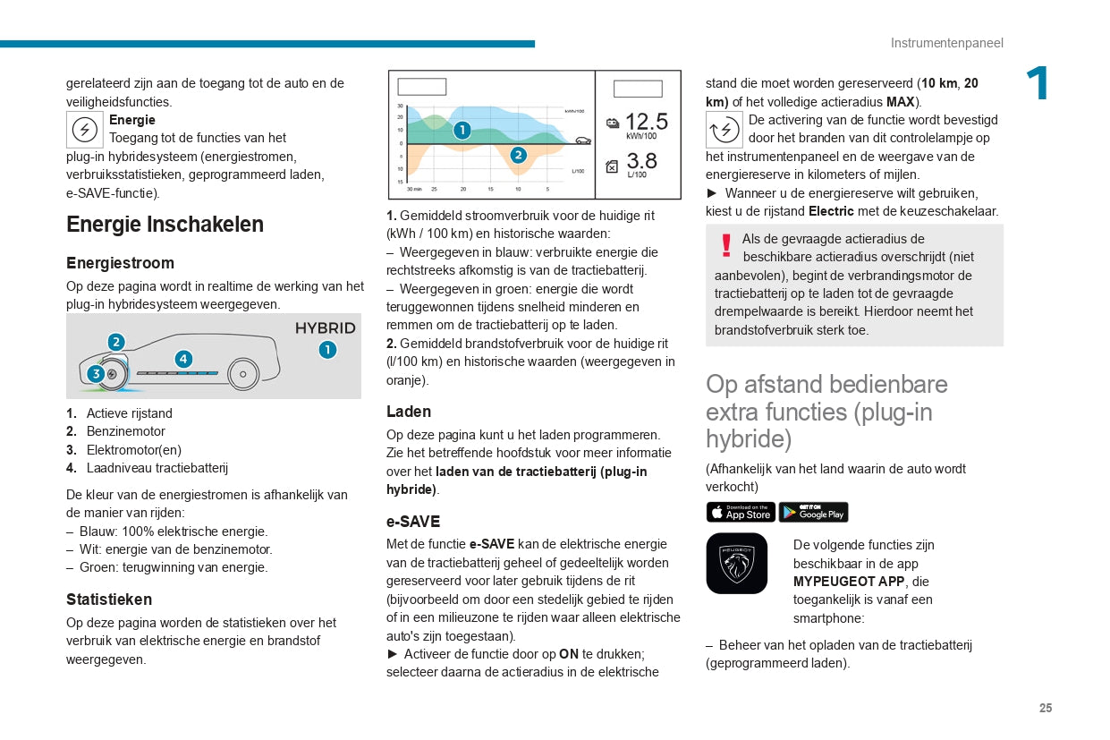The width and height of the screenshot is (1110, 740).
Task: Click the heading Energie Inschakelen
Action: (165, 225)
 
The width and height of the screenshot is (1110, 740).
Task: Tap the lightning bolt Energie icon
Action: (85, 130)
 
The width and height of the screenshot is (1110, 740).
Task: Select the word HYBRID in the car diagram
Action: (325, 328)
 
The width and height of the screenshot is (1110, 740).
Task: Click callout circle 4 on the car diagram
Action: (183, 359)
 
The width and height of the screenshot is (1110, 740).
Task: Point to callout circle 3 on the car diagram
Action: (96, 374)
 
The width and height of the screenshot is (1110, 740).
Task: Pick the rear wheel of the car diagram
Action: (242, 373)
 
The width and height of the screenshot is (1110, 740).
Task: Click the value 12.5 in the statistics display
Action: (646, 122)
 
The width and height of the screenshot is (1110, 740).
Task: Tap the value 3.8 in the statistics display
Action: (641, 161)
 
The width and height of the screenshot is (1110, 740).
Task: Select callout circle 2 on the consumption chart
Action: (518, 155)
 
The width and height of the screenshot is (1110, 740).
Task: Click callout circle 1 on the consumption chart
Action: (462, 131)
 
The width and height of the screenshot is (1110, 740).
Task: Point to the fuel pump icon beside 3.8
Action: (612, 166)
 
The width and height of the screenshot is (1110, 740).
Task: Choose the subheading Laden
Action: (409, 412)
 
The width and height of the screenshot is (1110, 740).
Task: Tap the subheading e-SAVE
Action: (413, 522)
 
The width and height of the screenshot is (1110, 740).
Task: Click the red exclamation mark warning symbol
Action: (726, 245)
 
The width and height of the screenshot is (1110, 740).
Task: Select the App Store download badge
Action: (741, 512)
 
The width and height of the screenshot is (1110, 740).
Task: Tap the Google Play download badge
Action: (813, 512)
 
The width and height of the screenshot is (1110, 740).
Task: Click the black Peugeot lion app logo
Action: (736, 564)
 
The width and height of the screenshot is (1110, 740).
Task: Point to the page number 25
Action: (1046, 708)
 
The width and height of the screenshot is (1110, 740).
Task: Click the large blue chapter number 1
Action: (1038, 85)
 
